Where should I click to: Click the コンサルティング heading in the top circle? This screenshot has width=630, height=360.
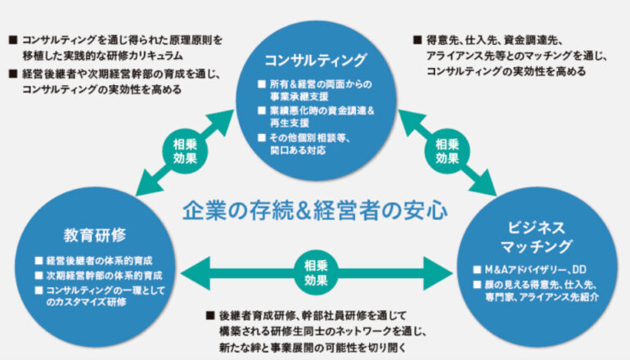click(x=315, y=60)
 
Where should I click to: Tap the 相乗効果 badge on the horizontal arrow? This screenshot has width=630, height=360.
click(x=316, y=269)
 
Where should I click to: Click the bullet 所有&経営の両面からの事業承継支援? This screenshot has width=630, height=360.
click(x=314, y=89)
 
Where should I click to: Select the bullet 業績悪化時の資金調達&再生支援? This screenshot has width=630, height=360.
click(x=315, y=117)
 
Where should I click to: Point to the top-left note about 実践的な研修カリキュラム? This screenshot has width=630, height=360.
click(x=115, y=45)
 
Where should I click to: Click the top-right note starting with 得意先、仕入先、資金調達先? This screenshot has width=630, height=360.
click(x=507, y=55)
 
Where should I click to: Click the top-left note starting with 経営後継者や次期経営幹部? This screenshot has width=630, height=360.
click(x=115, y=81)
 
